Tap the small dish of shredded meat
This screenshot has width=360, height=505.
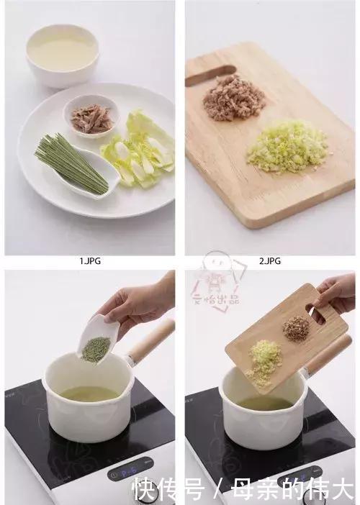point(90,117)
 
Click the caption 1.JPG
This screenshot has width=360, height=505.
point(90,262)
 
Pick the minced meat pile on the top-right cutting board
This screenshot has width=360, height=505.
point(229,99)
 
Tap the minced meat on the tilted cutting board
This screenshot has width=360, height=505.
point(295,328)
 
